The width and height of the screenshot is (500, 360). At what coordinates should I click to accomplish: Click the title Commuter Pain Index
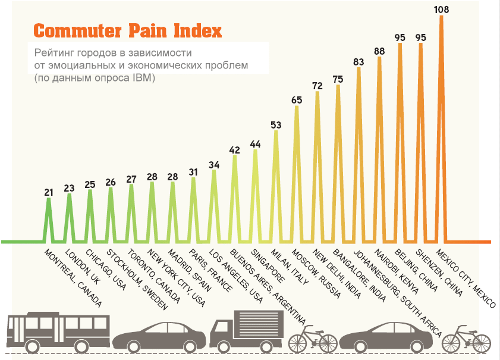(x=128, y=30)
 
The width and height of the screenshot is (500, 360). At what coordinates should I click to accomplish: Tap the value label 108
(x=441, y=9)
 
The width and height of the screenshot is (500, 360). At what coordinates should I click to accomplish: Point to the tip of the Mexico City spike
(x=441, y=17)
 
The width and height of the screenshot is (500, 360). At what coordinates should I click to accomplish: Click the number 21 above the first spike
(x=49, y=192)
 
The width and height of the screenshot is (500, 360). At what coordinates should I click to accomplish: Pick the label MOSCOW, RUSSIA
(x=315, y=274)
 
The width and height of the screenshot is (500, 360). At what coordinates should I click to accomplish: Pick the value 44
(x=255, y=143)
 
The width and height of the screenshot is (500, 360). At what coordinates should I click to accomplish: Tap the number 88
(x=379, y=51)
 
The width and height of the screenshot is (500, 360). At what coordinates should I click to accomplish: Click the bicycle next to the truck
(x=312, y=339)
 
